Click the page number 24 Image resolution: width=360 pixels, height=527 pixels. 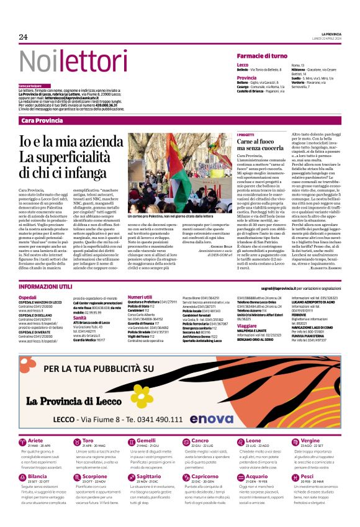pos(23,37)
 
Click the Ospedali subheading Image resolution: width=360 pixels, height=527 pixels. pos(27,298)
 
